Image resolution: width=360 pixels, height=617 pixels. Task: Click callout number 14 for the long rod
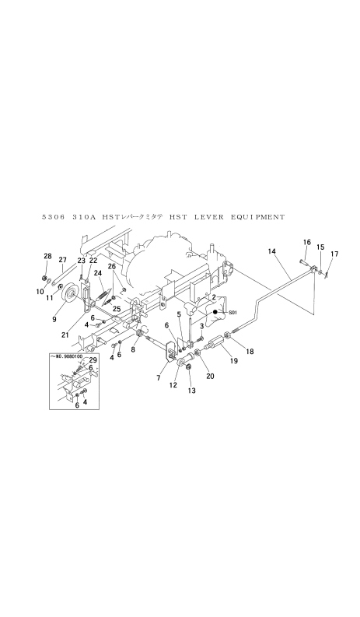(x=273, y=251)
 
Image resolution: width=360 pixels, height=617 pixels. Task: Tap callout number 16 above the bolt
(x=307, y=242)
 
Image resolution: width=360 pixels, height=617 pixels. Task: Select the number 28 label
(x=47, y=256)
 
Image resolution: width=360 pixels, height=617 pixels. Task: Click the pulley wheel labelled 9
(x=72, y=293)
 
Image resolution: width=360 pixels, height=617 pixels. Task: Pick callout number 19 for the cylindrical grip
(x=234, y=360)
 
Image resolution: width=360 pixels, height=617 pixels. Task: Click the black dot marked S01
(x=215, y=312)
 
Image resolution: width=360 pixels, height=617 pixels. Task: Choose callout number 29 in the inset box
(x=93, y=359)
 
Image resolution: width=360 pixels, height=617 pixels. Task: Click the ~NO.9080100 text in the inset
(x=67, y=356)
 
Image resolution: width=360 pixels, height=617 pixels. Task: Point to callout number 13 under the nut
(x=192, y=391)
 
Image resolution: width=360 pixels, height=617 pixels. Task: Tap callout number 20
(x=210, y=376)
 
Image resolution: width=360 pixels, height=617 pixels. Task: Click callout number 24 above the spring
(x=98, y=273)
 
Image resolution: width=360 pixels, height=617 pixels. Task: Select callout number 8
(x=133, y=349)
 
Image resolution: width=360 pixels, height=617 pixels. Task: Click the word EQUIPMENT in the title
(x=257, y=217)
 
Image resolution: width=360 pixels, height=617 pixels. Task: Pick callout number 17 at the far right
(x=334, y=254)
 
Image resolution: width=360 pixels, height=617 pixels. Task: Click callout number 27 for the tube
(x=62, y=259)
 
